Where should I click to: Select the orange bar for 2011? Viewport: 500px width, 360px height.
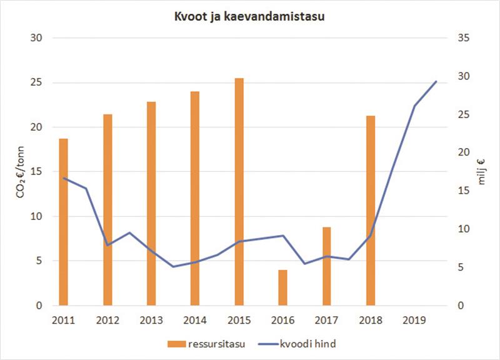click(x=63, y=222)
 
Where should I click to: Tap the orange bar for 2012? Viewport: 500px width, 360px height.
click(x=107, y=210)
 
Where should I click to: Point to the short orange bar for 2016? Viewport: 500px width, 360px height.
click(x=282, y=287)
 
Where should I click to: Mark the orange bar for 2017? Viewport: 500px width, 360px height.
click(x=327, y=266)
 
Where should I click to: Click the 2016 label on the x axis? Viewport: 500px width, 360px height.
click(x=282, y=320)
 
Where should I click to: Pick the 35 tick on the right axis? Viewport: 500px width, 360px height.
click(x=463, y=38)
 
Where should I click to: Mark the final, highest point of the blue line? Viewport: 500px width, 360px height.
click(x=436, y=81)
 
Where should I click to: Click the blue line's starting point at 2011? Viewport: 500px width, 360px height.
click(x=63, y=178)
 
